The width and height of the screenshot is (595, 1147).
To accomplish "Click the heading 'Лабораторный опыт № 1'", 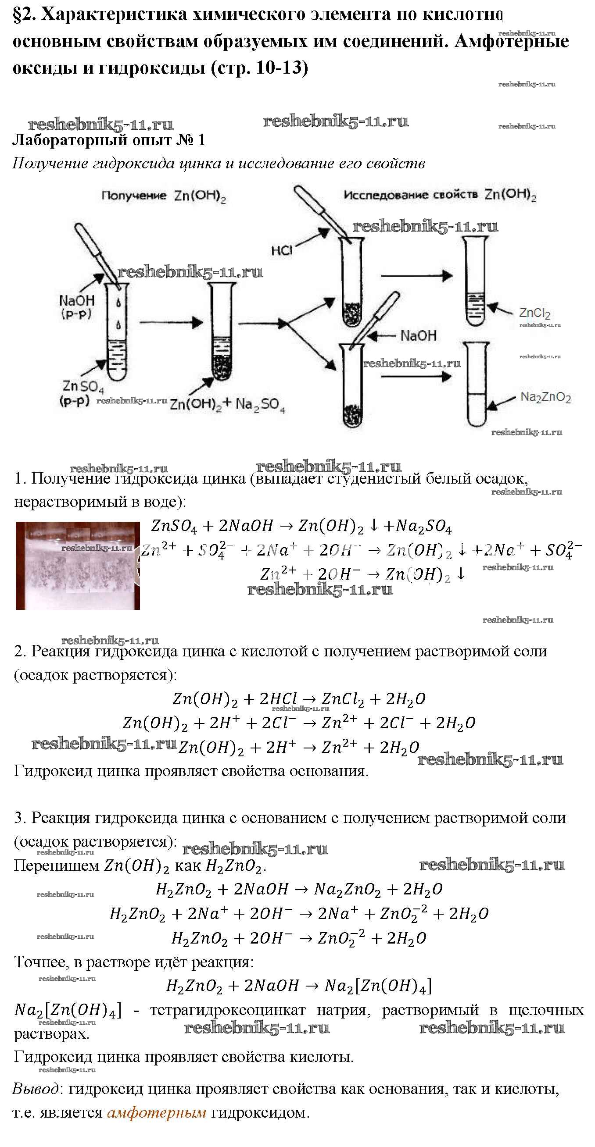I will pyautogui.click(x=109, y=140).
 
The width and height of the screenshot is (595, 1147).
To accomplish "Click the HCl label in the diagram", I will pyautogui.click(x=282, y=251).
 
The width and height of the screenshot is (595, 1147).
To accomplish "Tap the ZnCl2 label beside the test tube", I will pyautogui.click(x=534, y=313).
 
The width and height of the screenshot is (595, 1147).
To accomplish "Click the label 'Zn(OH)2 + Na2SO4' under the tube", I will pyautogui.click(x=227, y=404).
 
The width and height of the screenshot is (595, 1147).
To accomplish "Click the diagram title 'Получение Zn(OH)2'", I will pyautogui.click(x=163, y=196).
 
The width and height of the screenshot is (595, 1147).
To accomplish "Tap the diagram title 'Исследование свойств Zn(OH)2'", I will pyautogui.click(x=440, y=195).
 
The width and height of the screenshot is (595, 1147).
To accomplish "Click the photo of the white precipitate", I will pyautogui.click(x=78, y=566).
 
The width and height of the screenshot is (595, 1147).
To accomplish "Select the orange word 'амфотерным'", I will pyautogui.click(x=157, y=1113).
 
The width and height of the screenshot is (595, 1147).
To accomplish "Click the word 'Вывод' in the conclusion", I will pyautogui.click(x=35, y=1089).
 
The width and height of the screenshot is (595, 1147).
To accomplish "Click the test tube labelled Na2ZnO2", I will pyautogui.click(x=476, y=384).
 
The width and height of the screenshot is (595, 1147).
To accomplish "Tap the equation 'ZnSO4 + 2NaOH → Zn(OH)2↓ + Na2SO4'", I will pyautogui.click(x=301, y=526).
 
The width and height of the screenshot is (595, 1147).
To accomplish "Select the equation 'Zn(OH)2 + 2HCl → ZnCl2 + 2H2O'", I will pyautogui.click(x=299, y=699).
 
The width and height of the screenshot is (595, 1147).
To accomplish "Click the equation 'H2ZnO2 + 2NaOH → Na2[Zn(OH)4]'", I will pyautogui.click(x=299, y=986).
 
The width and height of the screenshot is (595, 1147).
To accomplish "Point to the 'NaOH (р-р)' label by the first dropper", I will pyautogui.click(x=76, y=306).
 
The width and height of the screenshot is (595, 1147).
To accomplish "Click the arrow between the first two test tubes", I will pyautogui.click(x=171, y=322).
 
